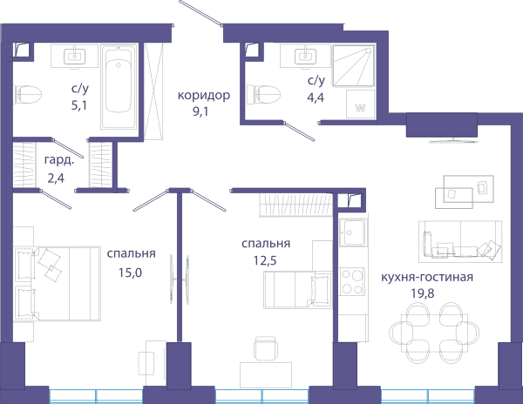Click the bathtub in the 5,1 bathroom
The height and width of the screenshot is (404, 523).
coord(119,86)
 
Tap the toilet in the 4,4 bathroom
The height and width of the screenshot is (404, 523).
coord(263,94)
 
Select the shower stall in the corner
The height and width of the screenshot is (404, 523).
coord(354,65)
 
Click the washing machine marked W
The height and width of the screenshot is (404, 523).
coord(361,104)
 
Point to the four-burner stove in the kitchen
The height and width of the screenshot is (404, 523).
coord(352,282)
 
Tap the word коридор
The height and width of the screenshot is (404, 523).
coord(204,95)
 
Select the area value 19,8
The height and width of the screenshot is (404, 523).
coord(422,293)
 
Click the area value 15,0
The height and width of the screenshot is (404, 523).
coord(130,273)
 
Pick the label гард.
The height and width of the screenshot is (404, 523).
coord(59,160)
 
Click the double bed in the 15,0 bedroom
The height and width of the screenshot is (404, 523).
coord(58,284)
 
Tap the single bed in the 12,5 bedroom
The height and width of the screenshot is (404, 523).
coord(297,289)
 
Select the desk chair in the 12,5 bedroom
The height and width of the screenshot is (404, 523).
coord(266,348)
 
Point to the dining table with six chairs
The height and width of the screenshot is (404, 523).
coord(434,333)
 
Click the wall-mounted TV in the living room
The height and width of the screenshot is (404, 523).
coord(453,141)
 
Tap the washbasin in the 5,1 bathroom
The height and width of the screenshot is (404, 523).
coord(74,57)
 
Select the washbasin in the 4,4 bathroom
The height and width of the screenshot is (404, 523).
coord(305,57)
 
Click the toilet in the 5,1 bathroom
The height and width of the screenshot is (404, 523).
coord(28,94)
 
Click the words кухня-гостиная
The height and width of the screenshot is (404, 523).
coord(427,277)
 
